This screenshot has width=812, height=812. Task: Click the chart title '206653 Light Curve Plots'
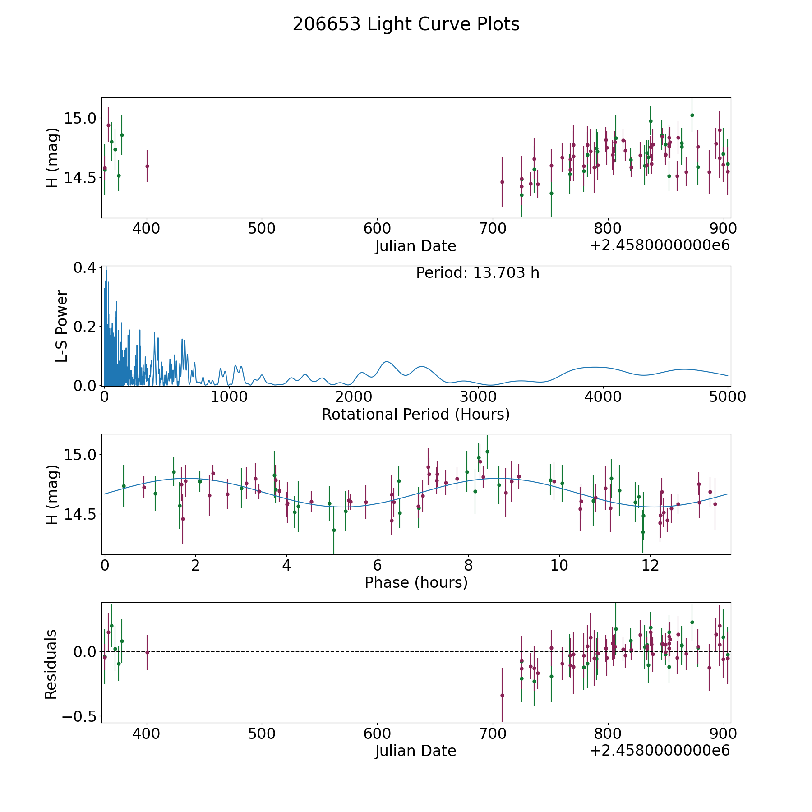click(406, 24)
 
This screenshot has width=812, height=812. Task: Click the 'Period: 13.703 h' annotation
click(478, 273)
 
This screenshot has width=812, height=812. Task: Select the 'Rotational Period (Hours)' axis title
click(415, 414)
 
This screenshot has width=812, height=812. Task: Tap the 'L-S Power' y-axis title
click(62, 326)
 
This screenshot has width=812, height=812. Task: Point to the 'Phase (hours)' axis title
click(416, 583)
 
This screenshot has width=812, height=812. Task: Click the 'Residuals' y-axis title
click(51, 664)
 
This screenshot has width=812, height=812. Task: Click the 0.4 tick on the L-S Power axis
click(85, 268)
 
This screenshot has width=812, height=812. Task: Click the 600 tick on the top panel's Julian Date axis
click(377, 228)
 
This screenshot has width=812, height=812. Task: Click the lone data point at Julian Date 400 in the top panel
click(147, 166)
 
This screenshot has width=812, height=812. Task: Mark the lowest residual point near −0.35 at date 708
click(502, 695)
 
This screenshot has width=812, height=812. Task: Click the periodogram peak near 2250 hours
click(387, 362)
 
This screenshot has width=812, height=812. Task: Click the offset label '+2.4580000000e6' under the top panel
click(660, 245)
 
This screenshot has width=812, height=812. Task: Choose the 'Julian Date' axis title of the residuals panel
click(415, 751)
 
